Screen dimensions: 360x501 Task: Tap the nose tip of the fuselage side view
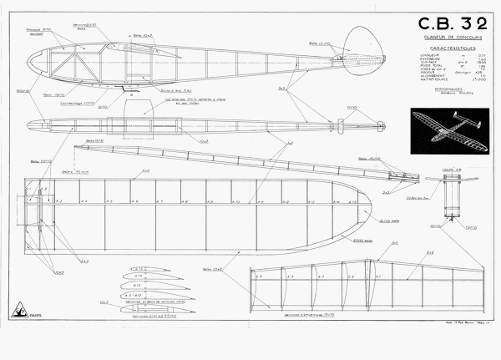30,63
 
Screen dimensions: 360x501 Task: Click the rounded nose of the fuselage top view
30,126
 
